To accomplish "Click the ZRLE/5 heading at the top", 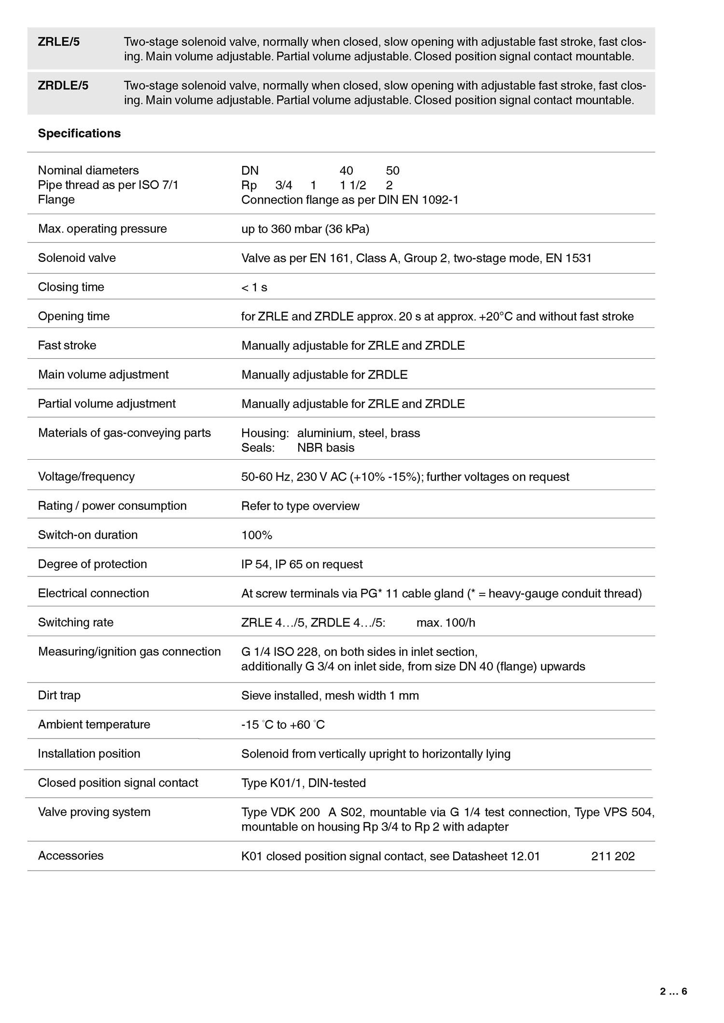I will tap(59, 42).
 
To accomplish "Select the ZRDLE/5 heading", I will tap(63, 85).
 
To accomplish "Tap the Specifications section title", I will tap(79, 133).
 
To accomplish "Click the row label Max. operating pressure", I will tap(102, 229).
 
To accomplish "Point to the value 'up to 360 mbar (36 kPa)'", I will tap(305, 229).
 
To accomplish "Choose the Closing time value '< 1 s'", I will tap(254, 287).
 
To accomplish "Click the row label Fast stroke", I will tap(67, 345).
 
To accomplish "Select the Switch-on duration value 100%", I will tap(257, 535).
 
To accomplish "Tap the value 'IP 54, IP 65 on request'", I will tap(302, 564).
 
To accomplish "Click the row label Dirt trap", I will tap(59, 695).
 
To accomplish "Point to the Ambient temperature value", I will tap(283, 725).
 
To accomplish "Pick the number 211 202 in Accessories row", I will tap(613, 856).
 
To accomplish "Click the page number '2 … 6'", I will tap(673, 992).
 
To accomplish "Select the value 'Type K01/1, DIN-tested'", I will tap(303, 783).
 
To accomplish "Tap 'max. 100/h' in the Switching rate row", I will tap(446, 623).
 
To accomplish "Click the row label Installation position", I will tap(89, 753).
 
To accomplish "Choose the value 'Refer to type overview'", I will tap(300, 506).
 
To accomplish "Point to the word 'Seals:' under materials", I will tap(258, 448).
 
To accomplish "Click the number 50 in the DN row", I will tap(392, 171).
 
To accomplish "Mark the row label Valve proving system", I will tap(94, 812).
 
